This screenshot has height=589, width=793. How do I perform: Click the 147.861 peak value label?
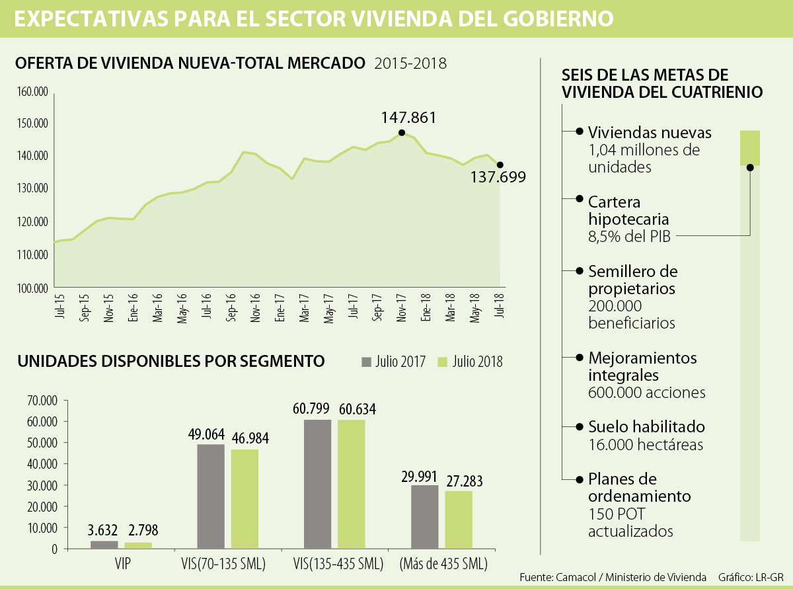pyautogui.click(x=408, y=118)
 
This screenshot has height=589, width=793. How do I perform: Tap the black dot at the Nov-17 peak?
pyautogui.click(x=402, y=132)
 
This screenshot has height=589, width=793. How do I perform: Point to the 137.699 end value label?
pyautogui.click(x=498, y=177)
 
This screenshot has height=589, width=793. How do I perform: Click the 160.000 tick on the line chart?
pyautogui.click(x=32, y=91)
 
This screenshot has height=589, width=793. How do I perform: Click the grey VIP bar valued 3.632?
pyautogui.click(x=104, y=545)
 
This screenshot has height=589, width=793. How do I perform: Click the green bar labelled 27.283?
pyautogui.click(x=459, y=520)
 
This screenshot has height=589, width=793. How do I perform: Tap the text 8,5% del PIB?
pyautogui.click(x=629, y=236)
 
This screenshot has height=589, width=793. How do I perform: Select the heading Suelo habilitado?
pyautogui.click(x=646, y=426)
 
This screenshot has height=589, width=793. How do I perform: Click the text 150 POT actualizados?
pyautogui.click(x=630, y=522)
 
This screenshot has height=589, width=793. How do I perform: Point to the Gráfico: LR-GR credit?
pyautogui.click(x=751, y=577)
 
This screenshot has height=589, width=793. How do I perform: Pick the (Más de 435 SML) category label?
pyautogui.click(x=443, y=565)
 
